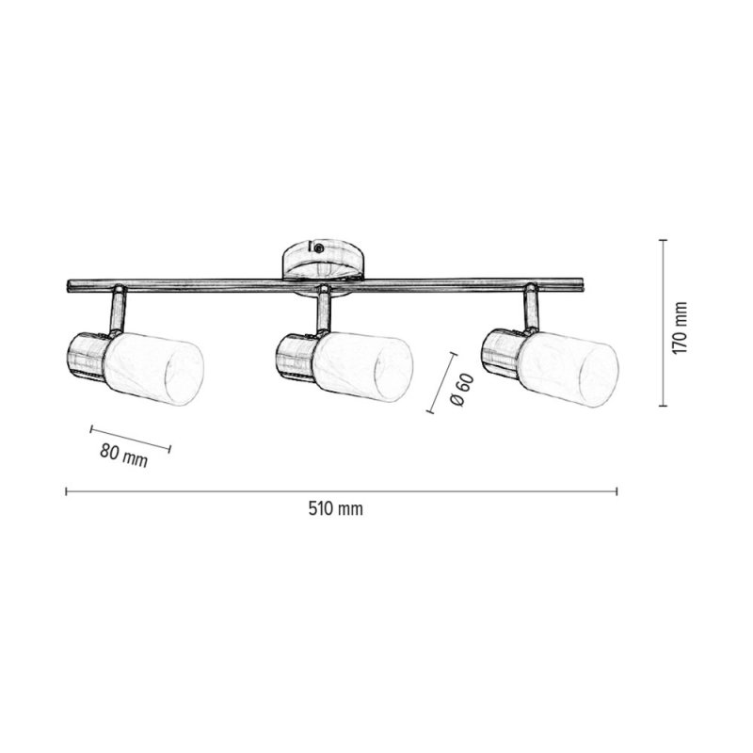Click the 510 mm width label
[x=335, y=508]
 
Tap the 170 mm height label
[x=680, y=328]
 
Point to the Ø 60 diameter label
[x=462, y=390]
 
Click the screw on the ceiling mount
[x=318, y=248]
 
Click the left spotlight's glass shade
[x=153, y=368]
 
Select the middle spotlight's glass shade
[x=363, y=366]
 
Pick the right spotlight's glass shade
[x=569, y=367]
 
